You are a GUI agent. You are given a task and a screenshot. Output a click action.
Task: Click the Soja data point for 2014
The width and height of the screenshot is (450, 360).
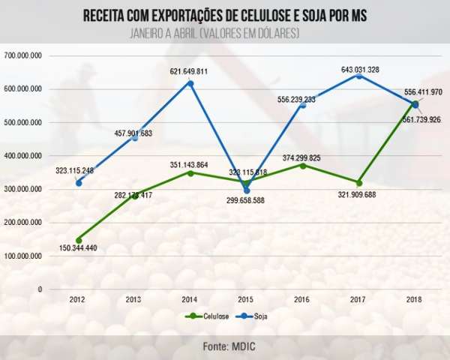point(190,83)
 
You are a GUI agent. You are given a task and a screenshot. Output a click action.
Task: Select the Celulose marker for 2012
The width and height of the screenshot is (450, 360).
point(79,240)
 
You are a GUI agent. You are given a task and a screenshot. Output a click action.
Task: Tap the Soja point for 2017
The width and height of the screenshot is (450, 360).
point(359,76)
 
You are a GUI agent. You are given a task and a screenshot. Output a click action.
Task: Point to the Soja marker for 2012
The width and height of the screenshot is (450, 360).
point(79,183)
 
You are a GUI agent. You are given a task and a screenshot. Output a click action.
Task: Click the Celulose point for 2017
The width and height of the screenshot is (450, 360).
point(359,183)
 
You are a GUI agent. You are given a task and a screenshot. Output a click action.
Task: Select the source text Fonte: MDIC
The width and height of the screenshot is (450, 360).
point(225,346)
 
